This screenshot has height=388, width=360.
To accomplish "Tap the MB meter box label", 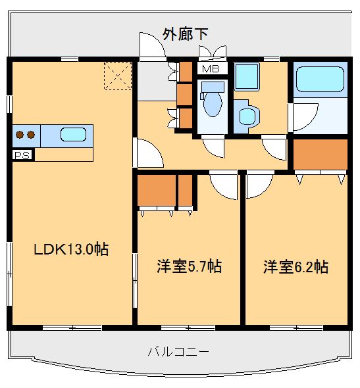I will coord(211,68).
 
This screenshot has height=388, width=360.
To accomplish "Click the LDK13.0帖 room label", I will coord(71,249).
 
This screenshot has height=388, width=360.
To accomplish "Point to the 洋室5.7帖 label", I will coord(189,266).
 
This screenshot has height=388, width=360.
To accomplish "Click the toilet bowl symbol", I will coord(212,103).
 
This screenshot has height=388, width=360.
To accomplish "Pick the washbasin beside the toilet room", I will coord(248,116).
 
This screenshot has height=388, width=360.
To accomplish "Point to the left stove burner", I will coord(20,135).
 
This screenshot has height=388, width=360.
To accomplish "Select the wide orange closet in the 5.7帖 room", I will coord(156,191).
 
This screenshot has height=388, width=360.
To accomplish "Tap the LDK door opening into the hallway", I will coord(148,155).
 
